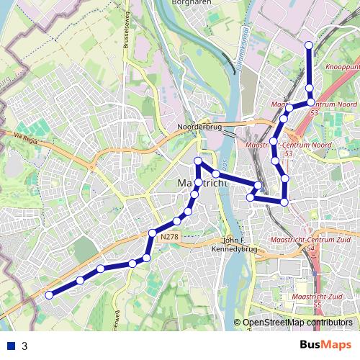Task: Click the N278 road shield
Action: click(170, 236)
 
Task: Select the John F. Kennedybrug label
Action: click(240, 246)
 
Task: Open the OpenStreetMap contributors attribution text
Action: click(297, 323)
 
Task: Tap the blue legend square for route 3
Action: click(11, 346)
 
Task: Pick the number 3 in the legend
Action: click(24, 346)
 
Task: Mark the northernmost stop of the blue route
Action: click(309, 45)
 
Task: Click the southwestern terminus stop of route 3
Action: click(49, 294)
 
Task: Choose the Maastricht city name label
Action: click(202, 184)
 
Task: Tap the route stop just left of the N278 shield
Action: click(153, 233)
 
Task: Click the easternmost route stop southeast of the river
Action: click(285, 202)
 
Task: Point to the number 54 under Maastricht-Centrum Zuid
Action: click(311, 248)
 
